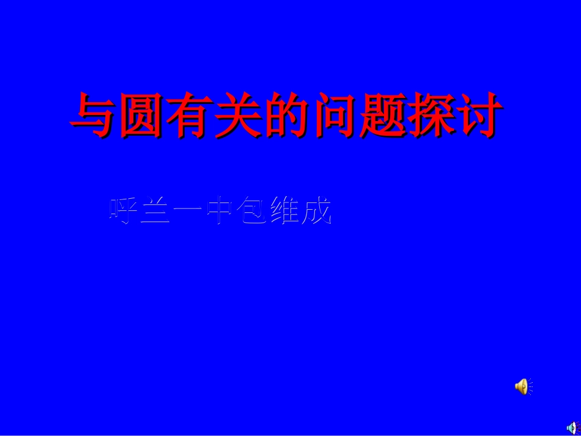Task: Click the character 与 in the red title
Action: click(94, 115)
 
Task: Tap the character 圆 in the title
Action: click(142, 115)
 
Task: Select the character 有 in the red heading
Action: click(190, 115)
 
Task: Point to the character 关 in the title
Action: click(239, 115)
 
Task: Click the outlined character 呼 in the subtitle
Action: click(124, 212)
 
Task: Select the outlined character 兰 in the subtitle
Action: click(155, 212)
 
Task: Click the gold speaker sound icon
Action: click(521, 386)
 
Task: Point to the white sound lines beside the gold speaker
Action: click(530, 386)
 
